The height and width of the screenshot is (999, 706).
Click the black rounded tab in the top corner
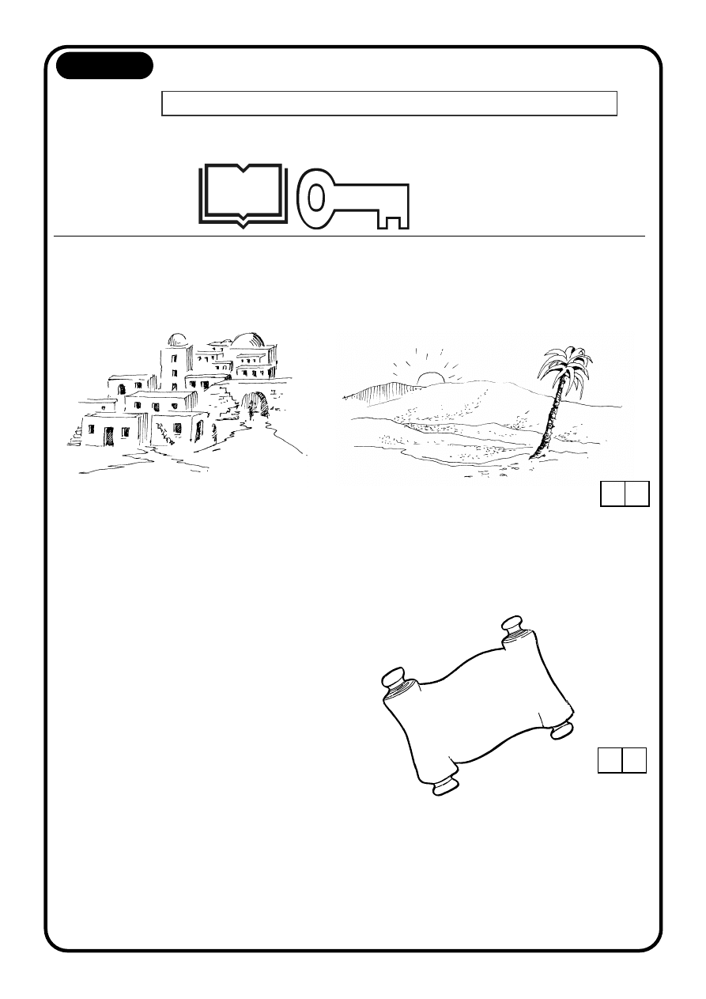point(104,66)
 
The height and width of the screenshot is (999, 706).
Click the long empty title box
point(389,104)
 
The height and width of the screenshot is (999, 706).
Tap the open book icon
point(242,194)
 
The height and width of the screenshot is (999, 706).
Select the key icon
point(353,199)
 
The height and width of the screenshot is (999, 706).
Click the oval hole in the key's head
point(316,199)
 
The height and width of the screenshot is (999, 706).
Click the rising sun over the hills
point(432,377)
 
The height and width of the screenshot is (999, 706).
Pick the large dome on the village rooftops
point(248,341)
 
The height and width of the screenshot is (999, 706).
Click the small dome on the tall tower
point(178,340)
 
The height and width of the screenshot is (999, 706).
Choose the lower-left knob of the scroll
point(446,785)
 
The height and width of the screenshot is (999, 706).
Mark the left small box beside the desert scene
point(613,494)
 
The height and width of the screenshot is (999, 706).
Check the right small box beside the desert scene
point(637,494)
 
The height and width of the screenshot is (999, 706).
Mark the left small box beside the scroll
point(610,759)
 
